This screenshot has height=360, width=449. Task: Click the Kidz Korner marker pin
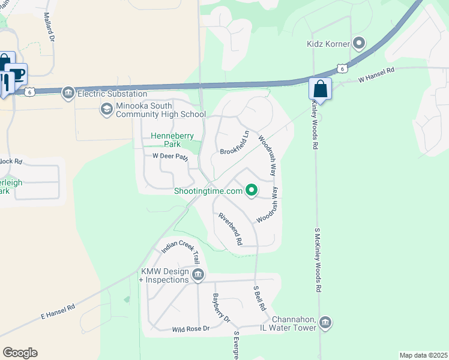(x=359, y=43)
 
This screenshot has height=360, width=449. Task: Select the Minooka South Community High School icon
(x=106, y=109)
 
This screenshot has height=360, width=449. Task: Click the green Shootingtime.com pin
(x=252, y=191)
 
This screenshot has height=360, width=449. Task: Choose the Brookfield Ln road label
(x=235, y=143)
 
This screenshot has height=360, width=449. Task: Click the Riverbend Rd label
(x=230, y=229)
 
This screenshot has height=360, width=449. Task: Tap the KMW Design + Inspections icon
(x=198, y=275)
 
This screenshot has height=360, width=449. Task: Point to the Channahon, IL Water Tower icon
(x=325, y=323)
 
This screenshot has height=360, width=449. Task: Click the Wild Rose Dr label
(x=190, y=329)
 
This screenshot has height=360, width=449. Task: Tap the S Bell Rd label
(x=259, y=297)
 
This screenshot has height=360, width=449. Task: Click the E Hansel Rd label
(x=58, y=311)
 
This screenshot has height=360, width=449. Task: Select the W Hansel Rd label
(x=376, y=74)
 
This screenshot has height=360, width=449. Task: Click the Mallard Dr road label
(x=49, y=27)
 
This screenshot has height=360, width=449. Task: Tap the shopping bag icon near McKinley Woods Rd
(x=320, y=89)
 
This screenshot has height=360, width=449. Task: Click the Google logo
(x=20, y=353)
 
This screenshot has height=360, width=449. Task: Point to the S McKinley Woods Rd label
(x=318, y=259)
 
